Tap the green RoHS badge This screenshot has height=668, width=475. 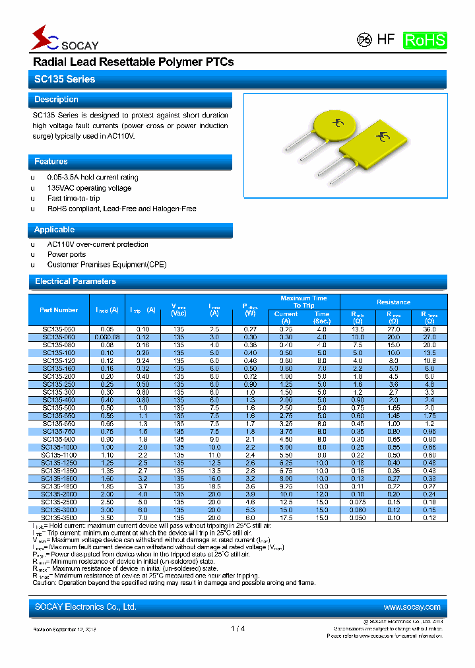tap(424, 40)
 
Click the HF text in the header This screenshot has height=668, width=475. tap(385, 40)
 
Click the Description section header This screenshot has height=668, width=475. tap(130, 100)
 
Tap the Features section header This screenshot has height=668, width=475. tap(130, 162)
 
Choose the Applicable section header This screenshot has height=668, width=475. tap(130, 230)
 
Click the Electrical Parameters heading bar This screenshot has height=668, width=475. tap(237, 281)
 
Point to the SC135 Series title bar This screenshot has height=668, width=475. tap(237, 79)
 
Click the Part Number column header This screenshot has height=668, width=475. tap(59, 310)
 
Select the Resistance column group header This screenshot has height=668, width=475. tap(393, 302)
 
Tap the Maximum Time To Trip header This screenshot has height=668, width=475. tap(303, 302)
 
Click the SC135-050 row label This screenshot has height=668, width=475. tap(59, 329)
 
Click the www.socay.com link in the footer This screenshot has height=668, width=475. tap(412, 607)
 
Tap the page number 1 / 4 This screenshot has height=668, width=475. tap(238, 628)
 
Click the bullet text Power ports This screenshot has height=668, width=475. tap(67, 254)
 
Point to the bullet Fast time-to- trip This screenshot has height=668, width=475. tap(73, 198)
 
